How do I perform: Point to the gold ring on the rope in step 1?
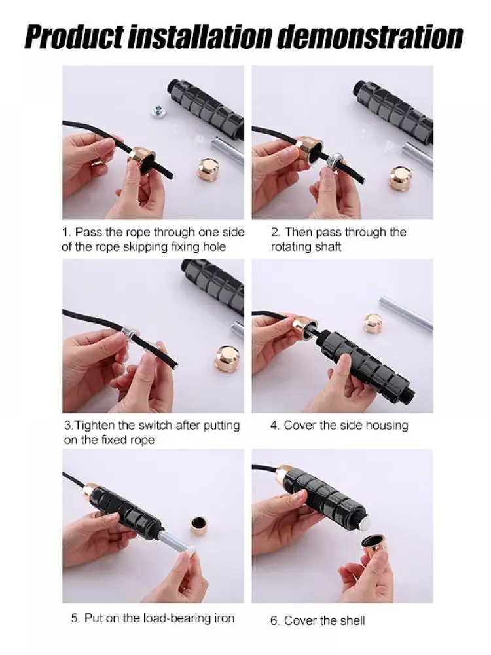140,159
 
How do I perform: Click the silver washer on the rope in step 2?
335,160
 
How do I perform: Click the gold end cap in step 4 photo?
373,323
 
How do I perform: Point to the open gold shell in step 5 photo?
199,527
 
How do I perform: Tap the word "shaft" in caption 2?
329,246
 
